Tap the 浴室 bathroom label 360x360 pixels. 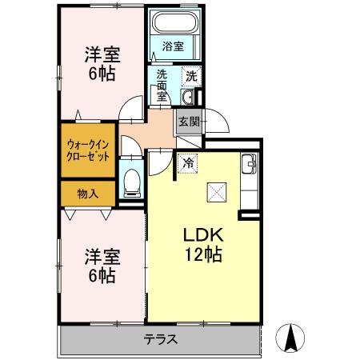[173, 46]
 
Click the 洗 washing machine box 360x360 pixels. [190, 76]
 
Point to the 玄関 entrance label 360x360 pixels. [189, 122]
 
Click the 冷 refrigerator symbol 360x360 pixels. [188, 162]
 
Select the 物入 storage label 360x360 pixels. [88, 193]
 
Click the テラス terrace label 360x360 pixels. [160, 338]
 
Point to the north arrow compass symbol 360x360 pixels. [293, 338]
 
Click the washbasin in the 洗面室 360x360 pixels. [186, 98]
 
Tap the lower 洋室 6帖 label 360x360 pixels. [101, 266]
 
